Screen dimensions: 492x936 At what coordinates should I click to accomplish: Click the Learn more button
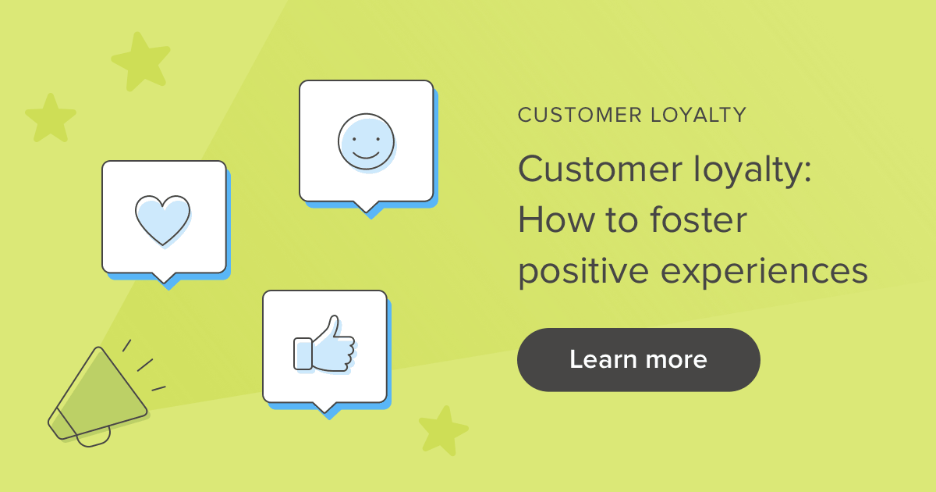638,360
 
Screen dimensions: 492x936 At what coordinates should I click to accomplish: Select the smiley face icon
366,141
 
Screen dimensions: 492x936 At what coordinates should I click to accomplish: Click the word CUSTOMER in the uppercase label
580,116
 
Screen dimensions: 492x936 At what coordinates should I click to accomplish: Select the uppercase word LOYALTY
698,116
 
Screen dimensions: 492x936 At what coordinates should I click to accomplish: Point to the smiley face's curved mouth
366,155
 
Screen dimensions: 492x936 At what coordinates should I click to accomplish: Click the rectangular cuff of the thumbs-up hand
302,353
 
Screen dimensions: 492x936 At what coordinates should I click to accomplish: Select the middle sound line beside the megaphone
145,365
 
